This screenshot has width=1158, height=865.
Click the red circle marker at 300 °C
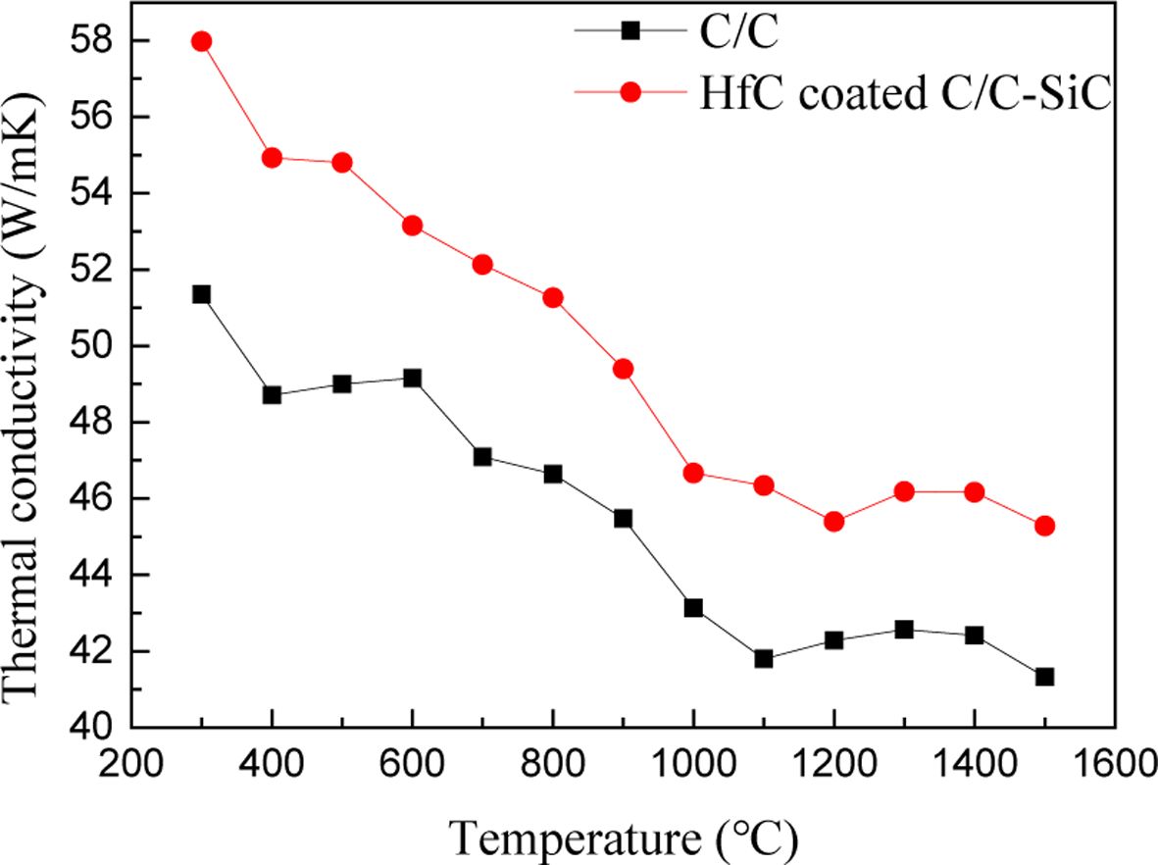(202, 41)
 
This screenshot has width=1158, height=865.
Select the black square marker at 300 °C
(202, 294)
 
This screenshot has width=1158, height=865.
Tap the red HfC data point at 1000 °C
(693, 473)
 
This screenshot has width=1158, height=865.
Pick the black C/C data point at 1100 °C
(764, 659)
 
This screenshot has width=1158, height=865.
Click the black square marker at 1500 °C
(1044, 677)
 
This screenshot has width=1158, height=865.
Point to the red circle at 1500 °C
(1044, 526)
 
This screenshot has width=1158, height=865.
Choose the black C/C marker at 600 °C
(412, 378)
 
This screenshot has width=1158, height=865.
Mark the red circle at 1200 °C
(834, 522)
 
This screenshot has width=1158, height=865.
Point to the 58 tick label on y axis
(98, 41)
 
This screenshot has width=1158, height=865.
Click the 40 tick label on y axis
(98, 728)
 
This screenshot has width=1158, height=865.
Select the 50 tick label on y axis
(98, 346)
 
